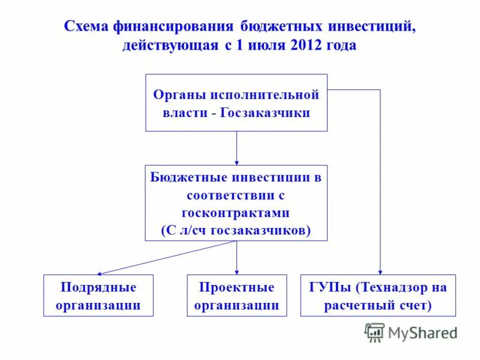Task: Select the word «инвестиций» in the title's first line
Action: tap(370, 27)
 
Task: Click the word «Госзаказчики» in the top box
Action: tap(265, 112)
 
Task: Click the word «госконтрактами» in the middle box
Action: tap(236, 213)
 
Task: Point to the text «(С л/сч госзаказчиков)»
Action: tap(236, 230)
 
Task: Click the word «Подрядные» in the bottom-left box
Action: tap(98, 287)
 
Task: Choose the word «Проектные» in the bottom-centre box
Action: tap(236, 287)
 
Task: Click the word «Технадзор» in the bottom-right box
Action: tap(389, 287)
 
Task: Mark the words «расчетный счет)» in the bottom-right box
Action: tap(379, 305)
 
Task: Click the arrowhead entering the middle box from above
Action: tap(236, 162)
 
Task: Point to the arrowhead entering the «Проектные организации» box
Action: tap(236, 272)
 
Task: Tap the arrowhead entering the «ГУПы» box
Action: tap(380, 272)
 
